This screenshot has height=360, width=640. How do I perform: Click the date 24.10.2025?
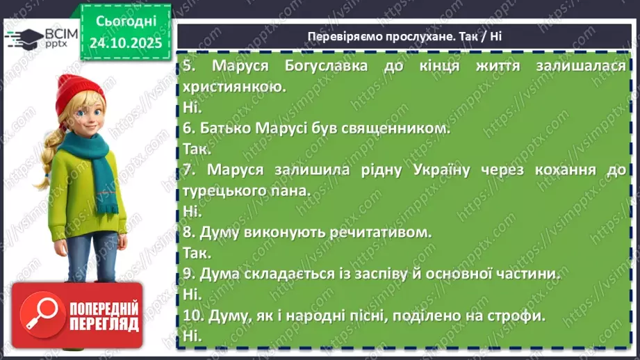(x=125, y=42)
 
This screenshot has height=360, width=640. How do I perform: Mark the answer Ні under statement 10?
(x=192, y=335)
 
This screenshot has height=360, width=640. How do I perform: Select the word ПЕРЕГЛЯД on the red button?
(x=103, y=325)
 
